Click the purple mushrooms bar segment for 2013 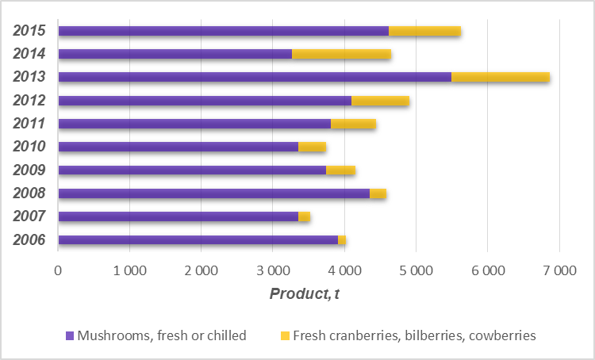point(255,77)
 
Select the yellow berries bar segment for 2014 point(341,54)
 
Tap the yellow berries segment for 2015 point(424,31)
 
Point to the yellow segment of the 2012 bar point(380,101)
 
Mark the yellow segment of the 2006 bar point(342,239)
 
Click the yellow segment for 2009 point(340,170)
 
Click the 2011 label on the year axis point(29,124)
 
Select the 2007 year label point(29,216)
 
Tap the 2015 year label point(29,31)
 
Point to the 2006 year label point(29,239)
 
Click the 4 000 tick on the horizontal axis point(344,271)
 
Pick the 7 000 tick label point(559,271)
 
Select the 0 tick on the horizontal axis point(58,271)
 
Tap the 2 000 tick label point(201,271)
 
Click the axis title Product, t point(305,294)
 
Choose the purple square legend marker point(70,335)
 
